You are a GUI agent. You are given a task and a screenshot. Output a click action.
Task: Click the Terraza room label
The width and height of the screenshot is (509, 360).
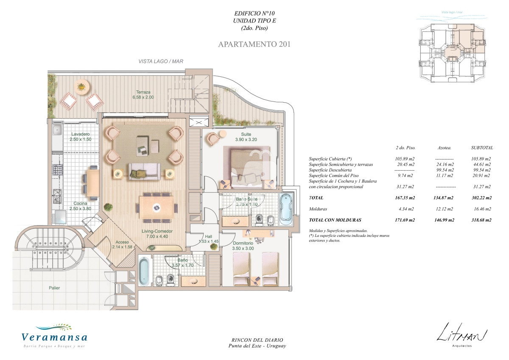[x=143, y=92]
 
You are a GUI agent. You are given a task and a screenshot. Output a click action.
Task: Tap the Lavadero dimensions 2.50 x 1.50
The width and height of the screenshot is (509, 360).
[x=81, y=139]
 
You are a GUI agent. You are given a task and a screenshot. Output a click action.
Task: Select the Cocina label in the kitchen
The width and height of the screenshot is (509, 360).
[x=80, y=203]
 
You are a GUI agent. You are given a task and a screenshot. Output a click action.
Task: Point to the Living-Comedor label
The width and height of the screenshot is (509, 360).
[x=157, y=231]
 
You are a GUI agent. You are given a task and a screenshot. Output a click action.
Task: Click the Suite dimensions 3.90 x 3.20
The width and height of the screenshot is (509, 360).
[x=246, y=140]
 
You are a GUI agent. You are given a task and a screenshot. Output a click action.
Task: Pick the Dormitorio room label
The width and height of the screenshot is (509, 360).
[x=243, y=243]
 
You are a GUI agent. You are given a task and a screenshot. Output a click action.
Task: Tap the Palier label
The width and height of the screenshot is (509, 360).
[x=54, y=288]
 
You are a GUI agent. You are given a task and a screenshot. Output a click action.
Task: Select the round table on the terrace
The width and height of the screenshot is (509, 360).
[x=82, y=87]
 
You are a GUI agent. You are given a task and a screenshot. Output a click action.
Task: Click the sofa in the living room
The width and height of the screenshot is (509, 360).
[x=144, y=172]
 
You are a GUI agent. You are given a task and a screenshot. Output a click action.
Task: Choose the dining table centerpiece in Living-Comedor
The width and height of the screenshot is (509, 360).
[x=157, y=208]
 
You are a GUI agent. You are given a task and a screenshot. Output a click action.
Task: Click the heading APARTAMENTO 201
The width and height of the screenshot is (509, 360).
[x=254, y=44]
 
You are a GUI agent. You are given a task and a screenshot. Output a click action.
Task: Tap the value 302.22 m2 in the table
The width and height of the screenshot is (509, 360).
[x=482, y=198]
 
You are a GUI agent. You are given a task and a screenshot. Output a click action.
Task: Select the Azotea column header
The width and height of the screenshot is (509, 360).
[x=445, y=148]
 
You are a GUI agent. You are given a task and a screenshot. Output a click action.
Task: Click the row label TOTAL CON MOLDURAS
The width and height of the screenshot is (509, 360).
[x=335, y=220]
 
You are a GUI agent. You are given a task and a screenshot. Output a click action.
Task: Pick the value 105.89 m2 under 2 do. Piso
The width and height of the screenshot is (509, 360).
[x=405, y=159]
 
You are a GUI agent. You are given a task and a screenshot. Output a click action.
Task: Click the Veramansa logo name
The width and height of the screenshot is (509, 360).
[x=54, y=337]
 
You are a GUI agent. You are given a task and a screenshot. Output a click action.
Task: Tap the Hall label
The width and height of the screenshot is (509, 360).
[x=208, y=236]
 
